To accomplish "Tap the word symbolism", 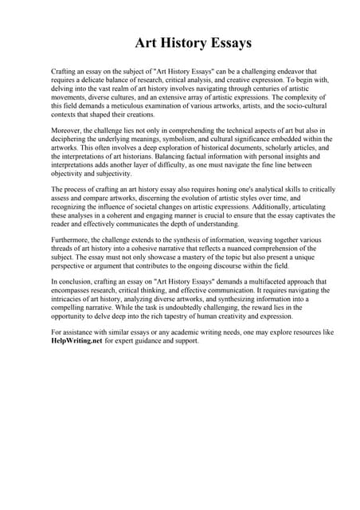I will (x=193, y=139).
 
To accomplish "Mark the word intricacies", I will (x=72, y=300).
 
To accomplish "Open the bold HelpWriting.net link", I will (x=76, y=341).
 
